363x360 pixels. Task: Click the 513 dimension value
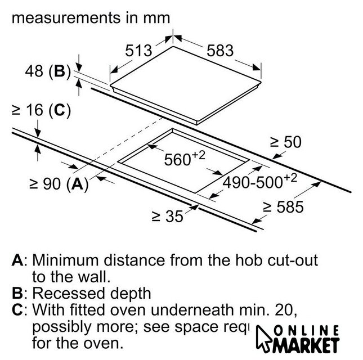pos(138,51)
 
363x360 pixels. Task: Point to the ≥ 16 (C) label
pos(41,111)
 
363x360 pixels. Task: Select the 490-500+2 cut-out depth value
pos(259,182)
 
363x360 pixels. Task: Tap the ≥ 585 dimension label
pos(284,207)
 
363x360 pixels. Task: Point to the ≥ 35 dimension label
pos(168,216)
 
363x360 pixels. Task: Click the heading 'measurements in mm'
pos(91,18)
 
